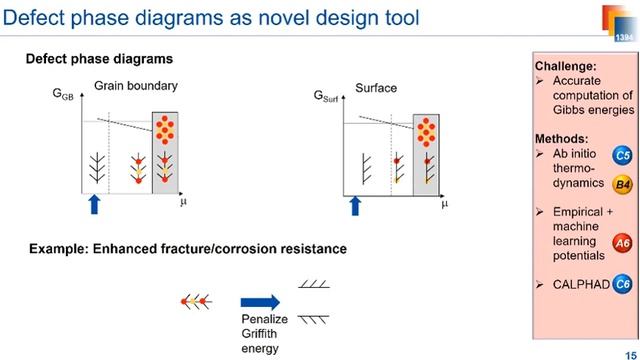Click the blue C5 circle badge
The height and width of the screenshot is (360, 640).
(622, 156)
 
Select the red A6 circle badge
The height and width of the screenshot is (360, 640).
(622, 241)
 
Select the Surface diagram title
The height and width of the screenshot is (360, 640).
(376, 88)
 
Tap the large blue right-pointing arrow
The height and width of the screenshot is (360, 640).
(262, 299)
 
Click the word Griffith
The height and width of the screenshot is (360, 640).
(260, 335)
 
